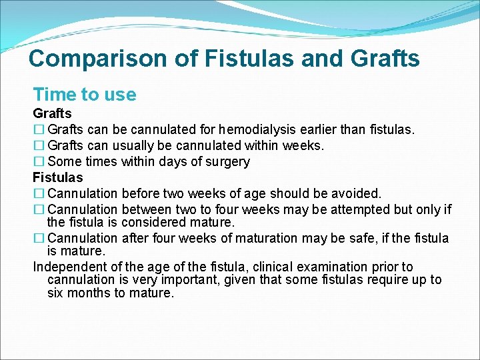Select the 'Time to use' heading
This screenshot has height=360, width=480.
coord(85,95)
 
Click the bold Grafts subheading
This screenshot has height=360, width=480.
coord(52,114)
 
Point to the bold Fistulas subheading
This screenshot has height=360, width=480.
coord(58,177)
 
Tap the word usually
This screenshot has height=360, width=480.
coord(134,145)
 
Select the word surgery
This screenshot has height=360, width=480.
coord(227,161)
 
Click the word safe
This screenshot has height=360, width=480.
coord(361,238)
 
